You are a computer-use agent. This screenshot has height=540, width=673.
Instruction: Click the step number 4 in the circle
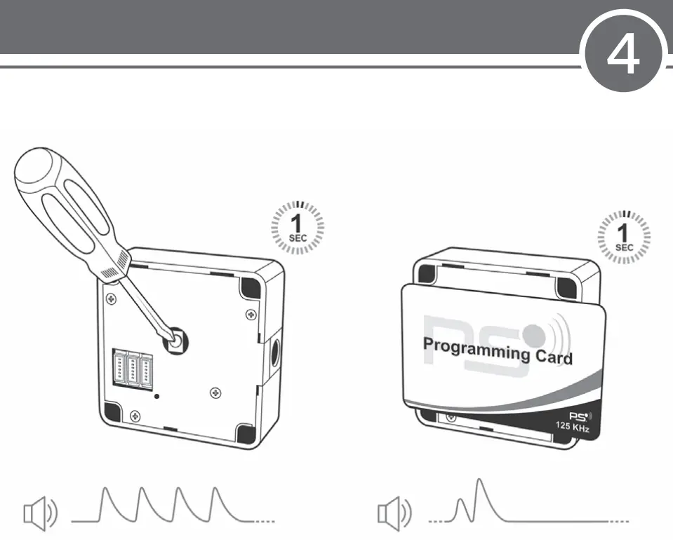623,54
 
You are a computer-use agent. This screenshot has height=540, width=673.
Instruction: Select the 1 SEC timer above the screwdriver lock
298,228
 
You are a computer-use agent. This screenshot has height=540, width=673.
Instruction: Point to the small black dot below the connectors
156,395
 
